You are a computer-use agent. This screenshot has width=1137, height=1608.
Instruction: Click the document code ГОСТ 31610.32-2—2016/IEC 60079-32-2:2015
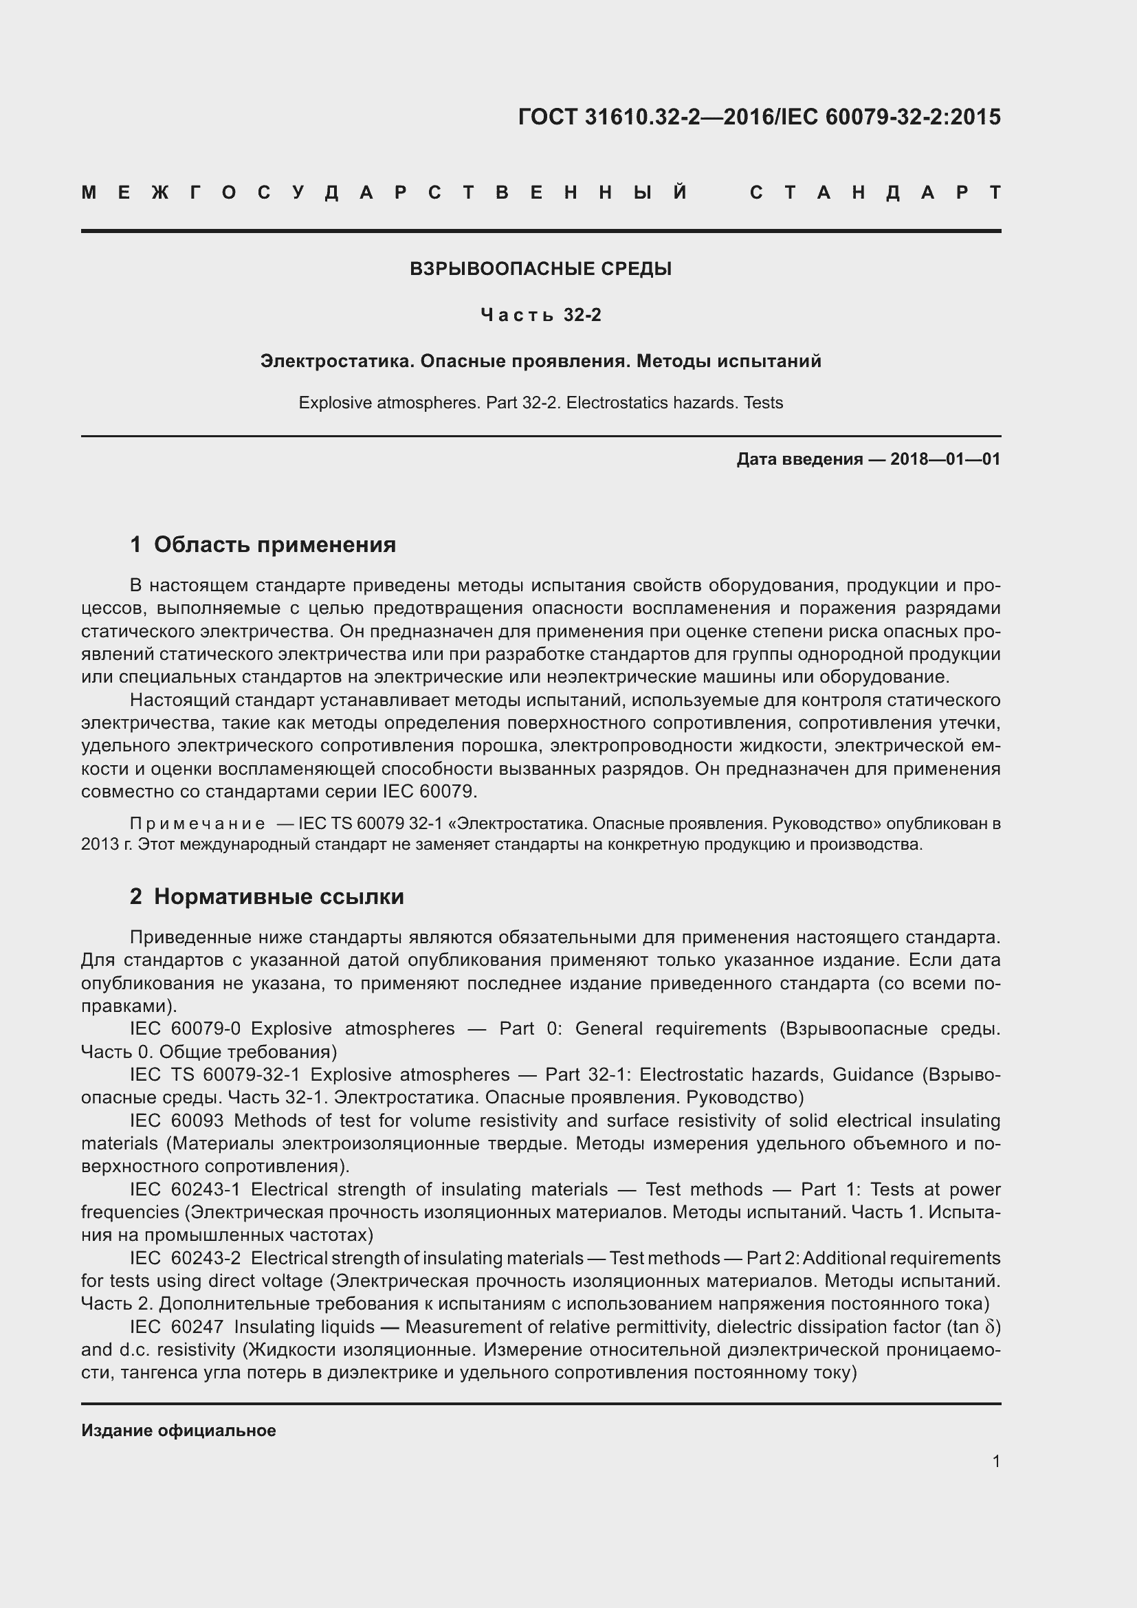click(x=759, y=117)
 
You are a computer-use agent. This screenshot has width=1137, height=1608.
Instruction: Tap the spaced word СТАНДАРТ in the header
click(x=875, y=192)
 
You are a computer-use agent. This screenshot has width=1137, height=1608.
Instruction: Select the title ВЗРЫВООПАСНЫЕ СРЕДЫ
click(x=540, y=269)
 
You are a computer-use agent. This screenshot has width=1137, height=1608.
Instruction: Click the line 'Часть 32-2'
click(x=540, y=315)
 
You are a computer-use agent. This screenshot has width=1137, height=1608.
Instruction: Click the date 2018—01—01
click(x=945, y=459)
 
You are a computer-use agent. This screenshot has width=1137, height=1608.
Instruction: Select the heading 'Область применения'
click(x=274, y=544)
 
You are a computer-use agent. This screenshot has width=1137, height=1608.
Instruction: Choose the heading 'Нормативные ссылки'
click(x=278, y=896)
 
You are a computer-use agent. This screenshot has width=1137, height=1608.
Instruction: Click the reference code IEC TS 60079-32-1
click(x=214, y=1075)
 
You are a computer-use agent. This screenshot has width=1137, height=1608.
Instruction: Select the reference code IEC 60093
click(x=177, y=1121)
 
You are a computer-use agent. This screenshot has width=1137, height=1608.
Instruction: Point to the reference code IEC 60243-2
click(x=185, y=1258)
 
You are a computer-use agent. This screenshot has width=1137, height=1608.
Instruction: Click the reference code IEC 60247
click(x=177, y=1326)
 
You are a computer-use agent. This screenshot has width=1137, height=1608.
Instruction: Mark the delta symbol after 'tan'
click(x=989, y=1326)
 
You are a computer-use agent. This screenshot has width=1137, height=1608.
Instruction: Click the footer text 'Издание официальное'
click(x=179, y=1430)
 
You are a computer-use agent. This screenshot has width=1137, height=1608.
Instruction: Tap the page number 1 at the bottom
click(x=995, y=1461)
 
